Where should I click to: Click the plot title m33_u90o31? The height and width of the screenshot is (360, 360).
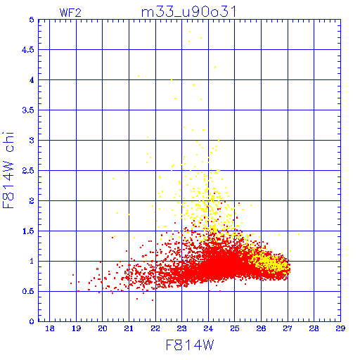188,12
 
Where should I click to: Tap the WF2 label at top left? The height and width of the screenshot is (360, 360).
70,13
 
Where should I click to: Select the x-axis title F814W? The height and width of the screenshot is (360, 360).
190,345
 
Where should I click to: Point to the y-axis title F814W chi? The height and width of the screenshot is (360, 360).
8,170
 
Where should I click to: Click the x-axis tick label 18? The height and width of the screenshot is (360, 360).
50,328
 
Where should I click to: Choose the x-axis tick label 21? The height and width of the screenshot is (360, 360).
129,328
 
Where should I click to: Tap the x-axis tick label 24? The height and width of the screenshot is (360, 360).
208,328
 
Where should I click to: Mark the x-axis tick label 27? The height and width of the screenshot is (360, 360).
288,328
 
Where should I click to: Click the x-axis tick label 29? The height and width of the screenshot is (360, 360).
340,328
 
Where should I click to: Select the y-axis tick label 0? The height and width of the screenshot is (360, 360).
32,321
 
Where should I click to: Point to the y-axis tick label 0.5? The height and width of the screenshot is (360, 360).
28,291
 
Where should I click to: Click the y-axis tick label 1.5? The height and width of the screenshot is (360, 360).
28,231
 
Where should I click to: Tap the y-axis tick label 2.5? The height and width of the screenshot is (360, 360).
28,171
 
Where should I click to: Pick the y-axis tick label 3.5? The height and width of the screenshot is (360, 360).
28,110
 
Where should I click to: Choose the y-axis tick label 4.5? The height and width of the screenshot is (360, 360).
28,50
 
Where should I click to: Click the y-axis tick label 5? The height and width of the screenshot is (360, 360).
32,20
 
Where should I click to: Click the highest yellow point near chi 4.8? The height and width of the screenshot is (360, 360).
190,32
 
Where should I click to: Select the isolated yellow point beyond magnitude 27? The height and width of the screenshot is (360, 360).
299,234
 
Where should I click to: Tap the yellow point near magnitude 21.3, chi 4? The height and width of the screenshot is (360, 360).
139,76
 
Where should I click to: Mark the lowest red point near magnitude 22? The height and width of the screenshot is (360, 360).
153,300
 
